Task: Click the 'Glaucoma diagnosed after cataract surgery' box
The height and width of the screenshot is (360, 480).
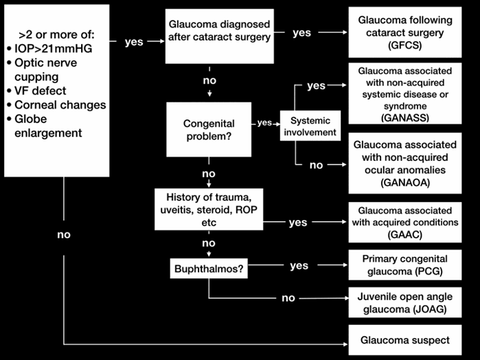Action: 220,31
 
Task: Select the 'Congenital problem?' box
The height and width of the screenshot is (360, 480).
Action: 208,129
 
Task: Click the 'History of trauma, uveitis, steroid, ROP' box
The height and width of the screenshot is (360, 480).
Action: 208,210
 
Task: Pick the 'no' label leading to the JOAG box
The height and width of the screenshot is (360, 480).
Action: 288,299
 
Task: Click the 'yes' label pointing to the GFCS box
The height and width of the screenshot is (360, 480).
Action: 301,32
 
